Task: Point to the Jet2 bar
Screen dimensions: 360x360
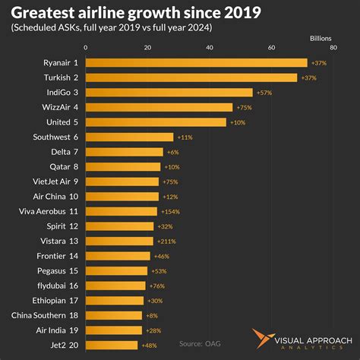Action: [x=112, y=345]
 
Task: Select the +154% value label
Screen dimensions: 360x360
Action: [x=169, y=211]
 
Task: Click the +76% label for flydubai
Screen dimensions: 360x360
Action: [x=156, y=286]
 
